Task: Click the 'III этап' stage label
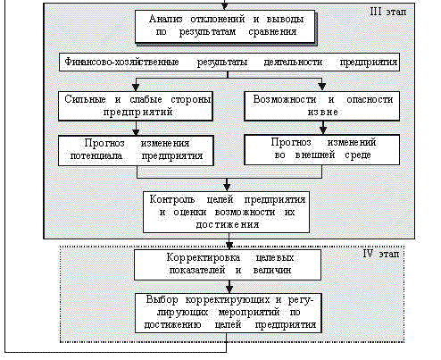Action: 387,12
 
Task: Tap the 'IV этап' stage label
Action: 381,254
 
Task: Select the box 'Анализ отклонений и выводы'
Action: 225,27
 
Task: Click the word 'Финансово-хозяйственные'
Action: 121,62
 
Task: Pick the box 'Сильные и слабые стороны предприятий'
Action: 136,106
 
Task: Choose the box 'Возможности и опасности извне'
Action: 322,106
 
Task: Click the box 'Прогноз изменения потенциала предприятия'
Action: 136,151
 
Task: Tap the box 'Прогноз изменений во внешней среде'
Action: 322,150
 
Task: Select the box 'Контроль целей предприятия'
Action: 227,212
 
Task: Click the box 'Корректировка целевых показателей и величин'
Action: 228,264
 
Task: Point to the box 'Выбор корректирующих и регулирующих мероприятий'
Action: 229,313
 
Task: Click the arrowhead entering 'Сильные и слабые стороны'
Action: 136,88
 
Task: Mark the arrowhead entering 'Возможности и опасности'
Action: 322,87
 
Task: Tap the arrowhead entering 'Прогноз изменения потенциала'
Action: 136,132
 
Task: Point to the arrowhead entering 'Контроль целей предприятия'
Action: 227,187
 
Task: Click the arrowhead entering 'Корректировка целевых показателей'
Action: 229,246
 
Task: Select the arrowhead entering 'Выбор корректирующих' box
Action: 229,289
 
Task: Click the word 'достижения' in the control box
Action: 227,224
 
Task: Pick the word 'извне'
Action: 322,113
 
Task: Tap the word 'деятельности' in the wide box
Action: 293,62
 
